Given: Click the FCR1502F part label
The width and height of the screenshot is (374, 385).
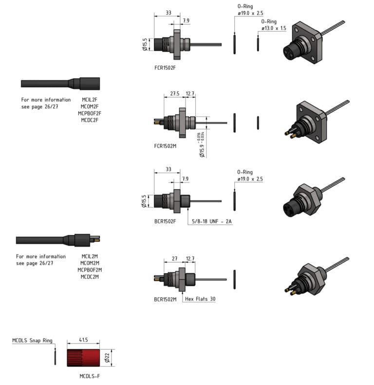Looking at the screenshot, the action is coord(165,68).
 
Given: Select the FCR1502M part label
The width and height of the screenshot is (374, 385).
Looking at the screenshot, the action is coord(165,146).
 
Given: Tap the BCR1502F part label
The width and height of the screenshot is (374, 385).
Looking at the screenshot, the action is coord(165,221).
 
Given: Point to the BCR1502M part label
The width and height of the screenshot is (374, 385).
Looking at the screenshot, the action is coord(165,299).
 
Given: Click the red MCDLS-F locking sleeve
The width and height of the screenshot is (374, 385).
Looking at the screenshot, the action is coord(83,358).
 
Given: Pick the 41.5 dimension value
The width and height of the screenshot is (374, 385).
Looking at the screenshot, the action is coord(83,340).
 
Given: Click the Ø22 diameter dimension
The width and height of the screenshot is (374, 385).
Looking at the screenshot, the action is coord(107,358).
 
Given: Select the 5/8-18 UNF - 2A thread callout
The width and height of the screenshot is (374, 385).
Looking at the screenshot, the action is coord(211,221).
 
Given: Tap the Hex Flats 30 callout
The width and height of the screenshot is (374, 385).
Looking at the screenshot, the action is coord(200,299).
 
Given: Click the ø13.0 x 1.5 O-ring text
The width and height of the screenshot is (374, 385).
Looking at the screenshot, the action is coord(274,28).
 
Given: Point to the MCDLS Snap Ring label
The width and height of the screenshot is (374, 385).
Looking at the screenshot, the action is coord(32,340).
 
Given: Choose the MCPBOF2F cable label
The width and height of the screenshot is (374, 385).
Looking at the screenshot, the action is coord(90,113).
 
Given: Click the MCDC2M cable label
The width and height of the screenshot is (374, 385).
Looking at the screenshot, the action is coord(90,277).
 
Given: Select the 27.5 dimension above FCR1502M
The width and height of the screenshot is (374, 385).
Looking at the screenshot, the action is coord(175,94).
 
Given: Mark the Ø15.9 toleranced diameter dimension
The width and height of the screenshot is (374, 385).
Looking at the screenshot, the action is coord(202,144).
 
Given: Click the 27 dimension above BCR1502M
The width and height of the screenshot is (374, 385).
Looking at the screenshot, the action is coord(174,259).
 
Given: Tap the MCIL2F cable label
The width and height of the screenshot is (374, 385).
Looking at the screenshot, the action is coord(90,100).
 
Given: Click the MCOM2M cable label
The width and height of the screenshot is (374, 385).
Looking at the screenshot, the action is coord(90,263).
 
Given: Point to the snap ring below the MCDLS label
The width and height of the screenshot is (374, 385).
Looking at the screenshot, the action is coord(55,357).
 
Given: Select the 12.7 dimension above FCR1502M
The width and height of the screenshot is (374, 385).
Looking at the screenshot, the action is coord(190,94).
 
